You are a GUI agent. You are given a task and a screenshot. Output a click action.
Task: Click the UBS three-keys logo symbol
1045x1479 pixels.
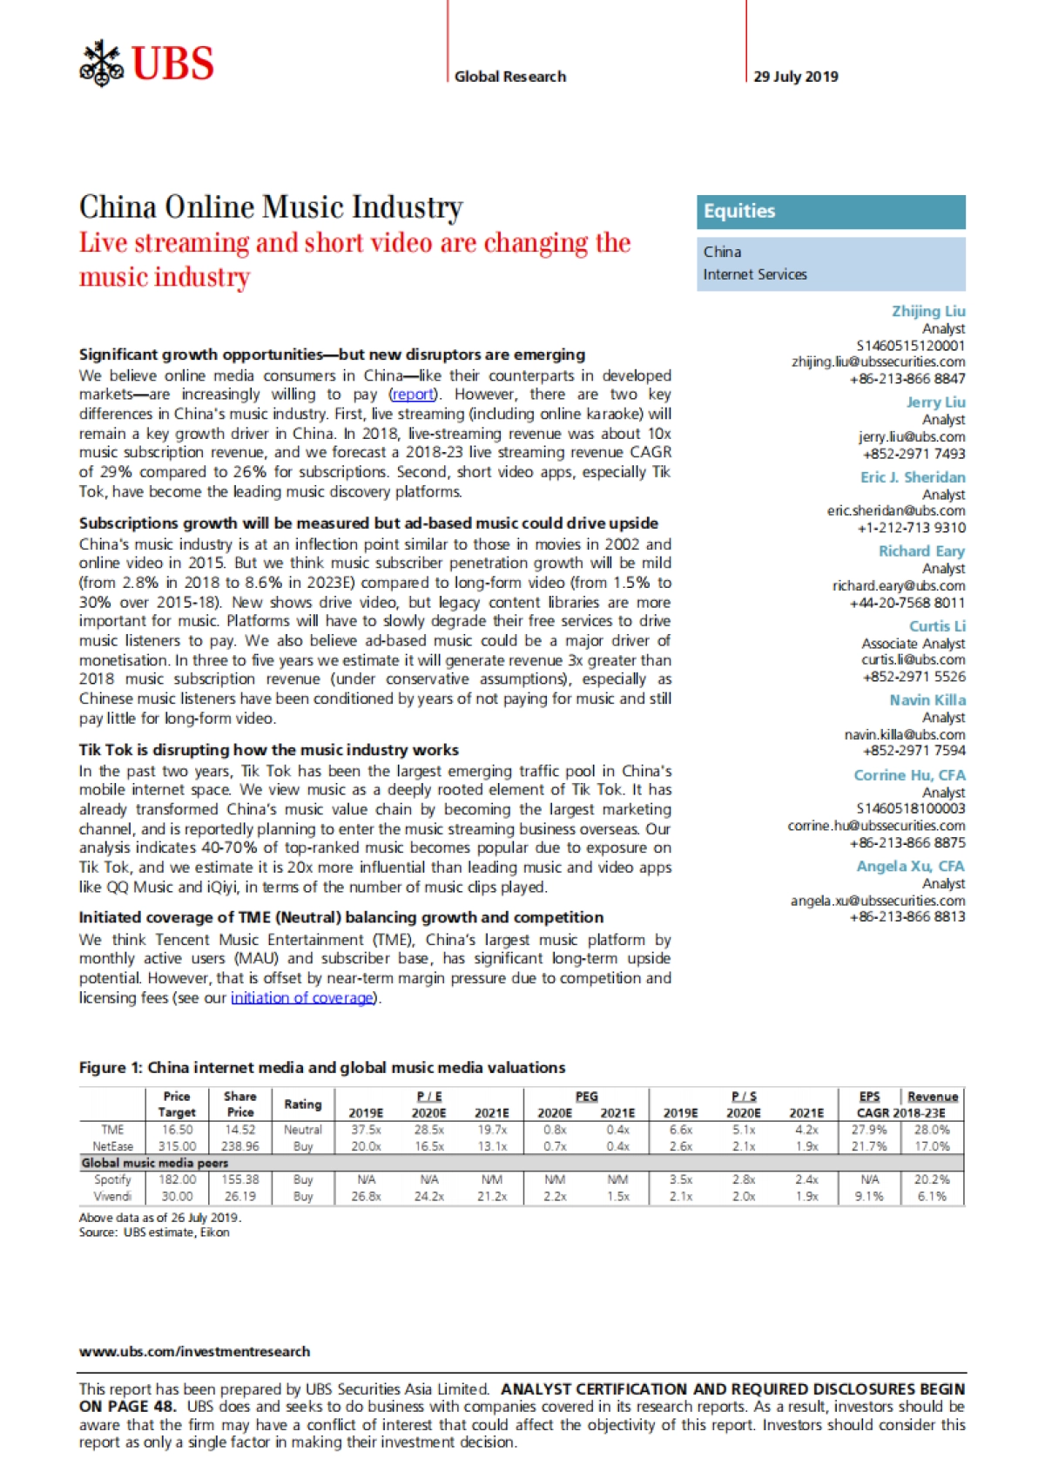point(102,64)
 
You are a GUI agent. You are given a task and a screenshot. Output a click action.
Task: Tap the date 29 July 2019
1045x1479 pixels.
point(795,77)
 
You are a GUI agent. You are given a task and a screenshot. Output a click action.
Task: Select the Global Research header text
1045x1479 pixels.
point(510,77)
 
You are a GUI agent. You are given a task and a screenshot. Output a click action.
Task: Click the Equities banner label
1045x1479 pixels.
point(739,211)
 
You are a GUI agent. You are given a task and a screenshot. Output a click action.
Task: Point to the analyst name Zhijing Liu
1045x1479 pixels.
point(927,311)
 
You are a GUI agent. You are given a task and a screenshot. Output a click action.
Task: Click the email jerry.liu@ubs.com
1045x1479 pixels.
point(911,436)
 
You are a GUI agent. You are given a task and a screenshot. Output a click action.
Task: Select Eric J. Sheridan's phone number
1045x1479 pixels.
point(911,528)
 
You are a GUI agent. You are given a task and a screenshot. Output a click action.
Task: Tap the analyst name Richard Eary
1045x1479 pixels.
point(921,551)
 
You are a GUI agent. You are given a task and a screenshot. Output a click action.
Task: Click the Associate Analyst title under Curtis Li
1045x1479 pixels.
point(913,644)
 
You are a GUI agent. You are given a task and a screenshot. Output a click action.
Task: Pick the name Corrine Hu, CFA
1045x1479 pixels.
point(909,775)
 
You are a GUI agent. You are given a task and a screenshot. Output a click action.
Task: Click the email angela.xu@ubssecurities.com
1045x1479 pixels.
point(877,901)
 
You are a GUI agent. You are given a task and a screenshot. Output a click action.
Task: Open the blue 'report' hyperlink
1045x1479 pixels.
point(413,395)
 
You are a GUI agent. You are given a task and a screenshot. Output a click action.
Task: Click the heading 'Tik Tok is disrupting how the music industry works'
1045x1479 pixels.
point(268,750)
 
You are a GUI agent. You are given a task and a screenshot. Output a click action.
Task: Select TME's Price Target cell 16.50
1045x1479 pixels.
point(177,1130)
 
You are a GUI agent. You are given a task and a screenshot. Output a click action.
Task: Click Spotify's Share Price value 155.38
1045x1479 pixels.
point(239,1179)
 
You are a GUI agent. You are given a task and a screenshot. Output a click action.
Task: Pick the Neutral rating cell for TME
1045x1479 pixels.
point(302,1130)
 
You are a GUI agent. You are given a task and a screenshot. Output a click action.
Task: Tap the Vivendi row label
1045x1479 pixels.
point(113,1197)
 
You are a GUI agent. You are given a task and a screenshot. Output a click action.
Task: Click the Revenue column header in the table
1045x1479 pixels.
point(932,1097)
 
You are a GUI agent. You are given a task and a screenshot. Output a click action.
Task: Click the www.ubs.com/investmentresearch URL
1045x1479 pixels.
point(194,1352)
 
